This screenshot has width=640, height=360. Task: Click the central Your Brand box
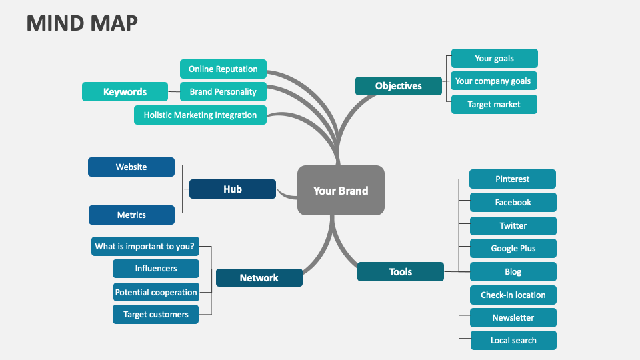pos(341,190)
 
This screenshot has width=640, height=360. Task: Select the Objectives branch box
pos(398,86)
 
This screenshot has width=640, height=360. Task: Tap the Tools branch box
pos(400,271)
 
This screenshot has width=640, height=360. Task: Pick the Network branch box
pos(259,277)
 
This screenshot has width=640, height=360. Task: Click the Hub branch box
pos(232,189)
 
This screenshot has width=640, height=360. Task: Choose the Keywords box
pos(125,91)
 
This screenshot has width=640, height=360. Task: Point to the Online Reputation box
pos(223,69)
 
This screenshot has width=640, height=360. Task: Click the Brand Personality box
pos(223,91)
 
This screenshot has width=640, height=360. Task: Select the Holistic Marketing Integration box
pos(200,115)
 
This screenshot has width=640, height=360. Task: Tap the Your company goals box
pos(493,81)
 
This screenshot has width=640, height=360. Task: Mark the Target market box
pos(493,104)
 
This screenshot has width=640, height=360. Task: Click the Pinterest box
pos(512,179)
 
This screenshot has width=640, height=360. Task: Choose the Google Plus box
pos(513,248)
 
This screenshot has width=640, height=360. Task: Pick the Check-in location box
pos(513,295)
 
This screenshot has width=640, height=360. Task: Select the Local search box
pos(513,340)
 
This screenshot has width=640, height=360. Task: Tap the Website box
pos(131,167)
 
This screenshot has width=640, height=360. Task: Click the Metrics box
pos(131,215)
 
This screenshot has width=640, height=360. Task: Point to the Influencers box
pos(156,268)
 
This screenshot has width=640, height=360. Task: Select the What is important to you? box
pos(145,246)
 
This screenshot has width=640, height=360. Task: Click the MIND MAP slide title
pos(82,23)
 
